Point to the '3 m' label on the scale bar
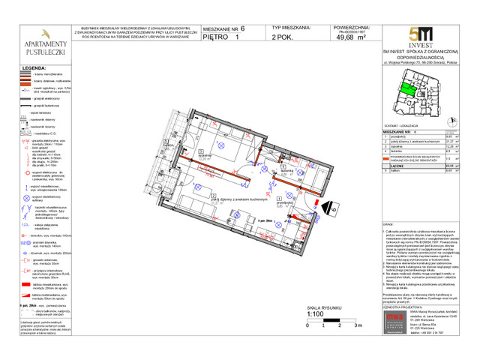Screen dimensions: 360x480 (x=358, y=325)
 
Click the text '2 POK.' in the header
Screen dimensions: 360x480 (x=283, y=36)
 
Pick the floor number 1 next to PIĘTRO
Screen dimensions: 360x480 (x=238, y=36)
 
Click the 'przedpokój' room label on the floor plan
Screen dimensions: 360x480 (x=283, y=202)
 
